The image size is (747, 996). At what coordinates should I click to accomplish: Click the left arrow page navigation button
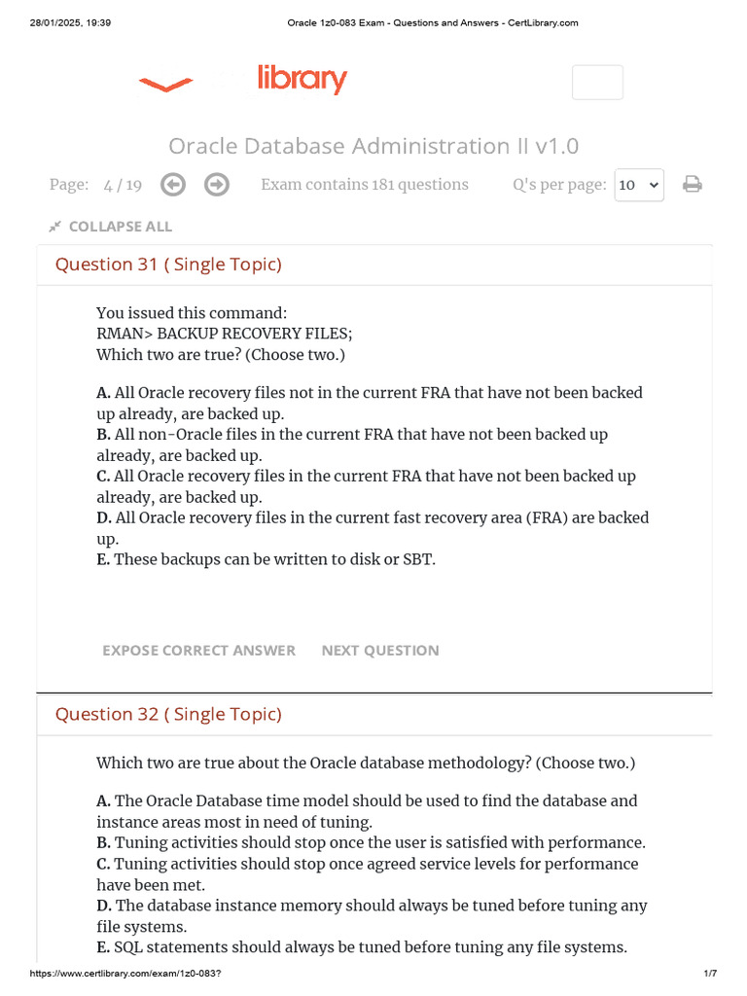click(173, 185)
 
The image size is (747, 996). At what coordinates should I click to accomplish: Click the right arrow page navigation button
click(217, 185)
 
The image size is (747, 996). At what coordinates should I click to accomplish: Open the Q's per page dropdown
click(639, 185)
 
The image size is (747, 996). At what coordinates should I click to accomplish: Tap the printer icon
click(693, 184)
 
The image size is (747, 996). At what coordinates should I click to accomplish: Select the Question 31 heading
click(168, 265)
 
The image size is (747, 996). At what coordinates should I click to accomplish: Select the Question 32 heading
click(168, 714)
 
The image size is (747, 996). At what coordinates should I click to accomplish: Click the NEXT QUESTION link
click(380, 651)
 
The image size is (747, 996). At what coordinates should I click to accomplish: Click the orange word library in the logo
click(302, 80)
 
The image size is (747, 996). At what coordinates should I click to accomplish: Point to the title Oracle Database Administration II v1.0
click(373, 146)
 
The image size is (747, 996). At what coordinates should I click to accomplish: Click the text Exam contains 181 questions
click(365, 185)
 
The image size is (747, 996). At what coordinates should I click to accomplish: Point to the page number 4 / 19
click(123, 185)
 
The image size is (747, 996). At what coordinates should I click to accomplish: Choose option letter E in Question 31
click(103, 559)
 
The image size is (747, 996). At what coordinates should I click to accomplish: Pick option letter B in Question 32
click(103, 843)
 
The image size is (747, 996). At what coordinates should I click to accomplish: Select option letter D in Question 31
click(103, 517)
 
